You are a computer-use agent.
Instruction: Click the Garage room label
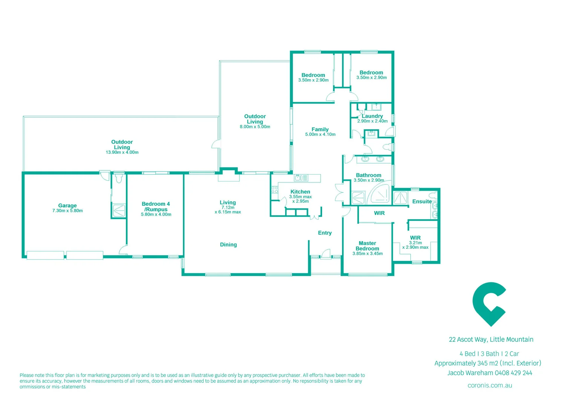click(67, 205)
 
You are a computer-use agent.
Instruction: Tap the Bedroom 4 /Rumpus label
click(156, 207)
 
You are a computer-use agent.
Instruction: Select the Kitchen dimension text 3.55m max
click(301, 197)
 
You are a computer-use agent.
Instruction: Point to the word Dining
click(229, 245)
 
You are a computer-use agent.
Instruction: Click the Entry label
click(325, 233)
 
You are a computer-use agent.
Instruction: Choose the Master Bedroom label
click(367, 246)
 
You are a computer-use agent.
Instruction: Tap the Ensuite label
click(422, 202)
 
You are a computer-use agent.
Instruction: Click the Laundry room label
click(372, 116)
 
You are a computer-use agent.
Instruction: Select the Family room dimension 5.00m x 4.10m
click(320, 135)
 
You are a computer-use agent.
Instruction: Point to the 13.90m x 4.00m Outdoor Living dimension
click(122, 152)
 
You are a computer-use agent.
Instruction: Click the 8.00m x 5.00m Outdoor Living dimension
click(255, 127)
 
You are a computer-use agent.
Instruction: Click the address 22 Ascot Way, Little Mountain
click(491, 340)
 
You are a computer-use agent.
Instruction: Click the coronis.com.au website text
click(489, 385)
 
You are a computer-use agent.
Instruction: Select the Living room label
click(228, 202)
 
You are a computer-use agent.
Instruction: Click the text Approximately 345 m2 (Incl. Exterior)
click(488, 363)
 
